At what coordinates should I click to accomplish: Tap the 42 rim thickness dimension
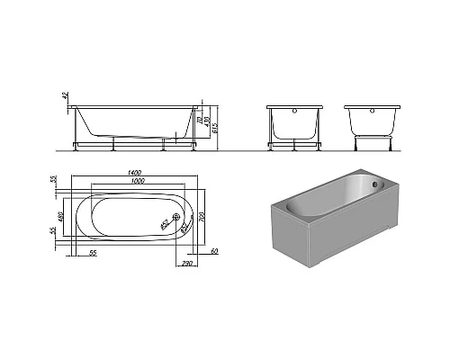click(65, 97)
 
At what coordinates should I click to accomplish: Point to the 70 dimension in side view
click(200, 121)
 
